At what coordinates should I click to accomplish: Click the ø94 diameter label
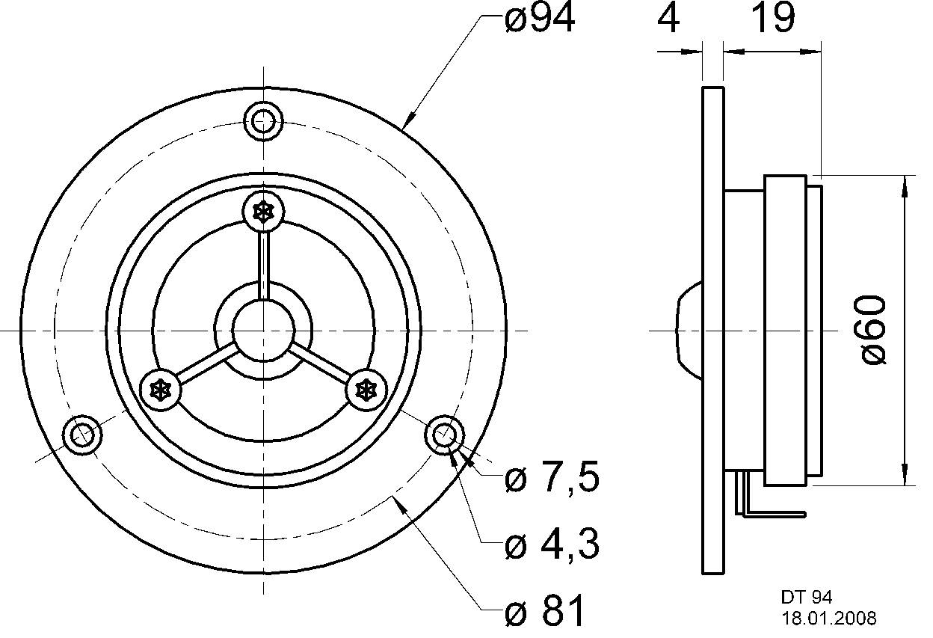540,19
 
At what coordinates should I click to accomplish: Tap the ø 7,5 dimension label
552,479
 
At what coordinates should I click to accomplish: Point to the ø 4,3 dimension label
552,546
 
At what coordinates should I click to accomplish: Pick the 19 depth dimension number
772,19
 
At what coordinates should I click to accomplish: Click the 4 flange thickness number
669,19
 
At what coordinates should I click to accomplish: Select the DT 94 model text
807,597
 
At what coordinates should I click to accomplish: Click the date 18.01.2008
829,619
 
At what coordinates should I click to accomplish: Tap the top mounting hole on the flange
263,120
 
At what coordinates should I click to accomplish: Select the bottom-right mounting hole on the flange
444,434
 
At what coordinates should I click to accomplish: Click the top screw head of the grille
263,212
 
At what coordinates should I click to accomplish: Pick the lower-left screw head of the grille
161,389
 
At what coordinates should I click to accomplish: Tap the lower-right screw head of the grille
365,389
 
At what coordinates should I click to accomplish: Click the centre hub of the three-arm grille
262,330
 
